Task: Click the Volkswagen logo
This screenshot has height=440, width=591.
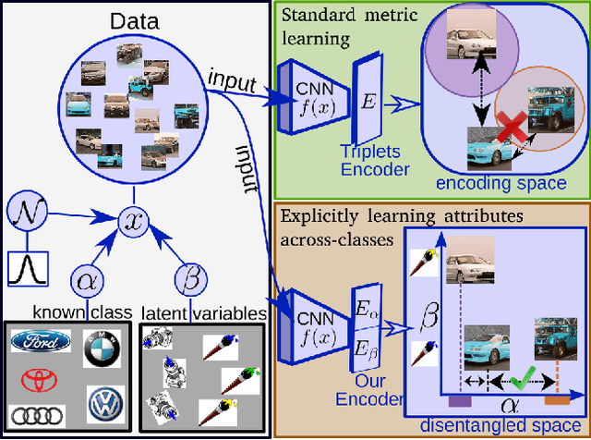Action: [104, 403]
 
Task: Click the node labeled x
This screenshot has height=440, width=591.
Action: [134, 220]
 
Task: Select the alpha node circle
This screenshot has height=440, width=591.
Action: [87, 278]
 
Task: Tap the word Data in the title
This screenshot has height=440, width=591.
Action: [136, 19]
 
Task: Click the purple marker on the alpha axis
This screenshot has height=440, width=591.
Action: [459, 401]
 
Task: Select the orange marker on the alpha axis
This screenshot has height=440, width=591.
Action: [557, 401]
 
